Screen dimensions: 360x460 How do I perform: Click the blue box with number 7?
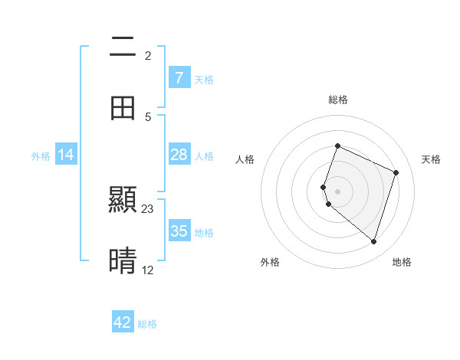179,77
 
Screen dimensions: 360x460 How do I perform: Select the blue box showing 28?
179,155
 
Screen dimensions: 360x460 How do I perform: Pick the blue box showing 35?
179,231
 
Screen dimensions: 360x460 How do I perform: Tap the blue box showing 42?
123,322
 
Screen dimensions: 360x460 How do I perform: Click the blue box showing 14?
66,155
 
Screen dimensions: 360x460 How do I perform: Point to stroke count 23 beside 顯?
148,208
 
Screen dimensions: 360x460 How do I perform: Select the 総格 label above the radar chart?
338,100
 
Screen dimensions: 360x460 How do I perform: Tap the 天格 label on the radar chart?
432,159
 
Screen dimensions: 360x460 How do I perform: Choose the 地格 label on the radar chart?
402,262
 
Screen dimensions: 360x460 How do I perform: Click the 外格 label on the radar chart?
270,262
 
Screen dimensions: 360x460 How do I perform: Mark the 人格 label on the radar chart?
245,159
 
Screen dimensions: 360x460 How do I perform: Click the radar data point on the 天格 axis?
396,172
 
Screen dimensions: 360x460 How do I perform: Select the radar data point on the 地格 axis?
373,241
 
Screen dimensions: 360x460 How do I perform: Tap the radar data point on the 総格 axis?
337,146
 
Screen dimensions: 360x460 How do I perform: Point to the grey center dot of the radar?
337,191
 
